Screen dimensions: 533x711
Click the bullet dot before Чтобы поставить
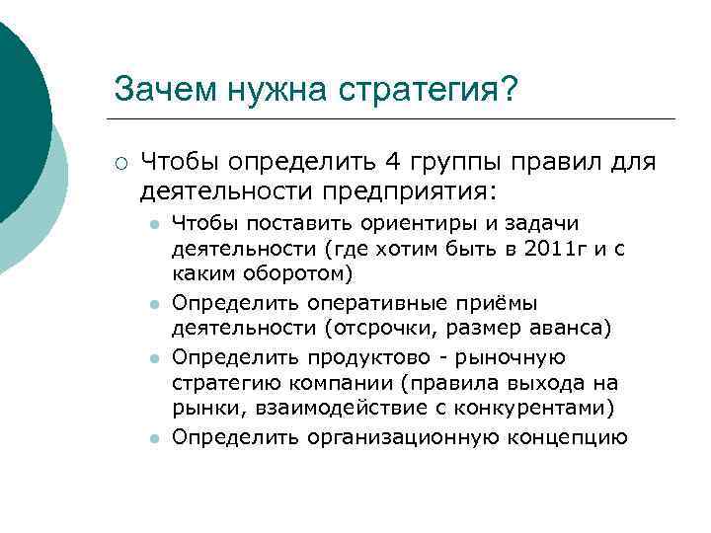click(154, 224)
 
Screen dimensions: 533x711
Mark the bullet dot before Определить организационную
click(154, 438)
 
